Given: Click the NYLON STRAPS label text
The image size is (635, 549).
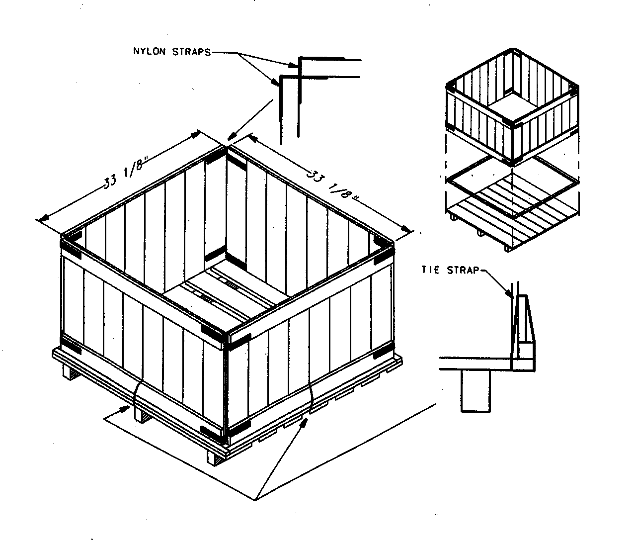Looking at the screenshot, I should tap(172, 52).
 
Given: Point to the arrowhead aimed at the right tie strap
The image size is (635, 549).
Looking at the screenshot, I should tap(303, 422).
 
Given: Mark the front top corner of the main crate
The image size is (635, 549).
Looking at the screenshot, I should tap(228, 335).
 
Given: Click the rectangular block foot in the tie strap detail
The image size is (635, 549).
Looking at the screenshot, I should tap(476, 391).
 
